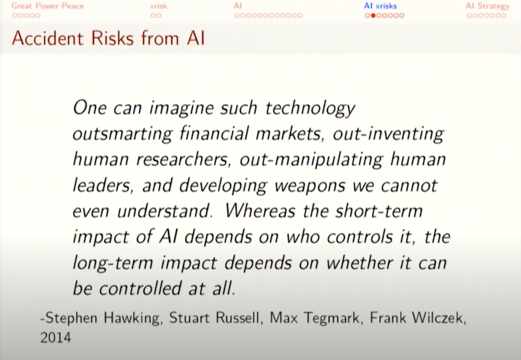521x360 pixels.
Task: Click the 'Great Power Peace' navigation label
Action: point(48,6)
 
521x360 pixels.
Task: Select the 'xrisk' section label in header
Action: point(159,6)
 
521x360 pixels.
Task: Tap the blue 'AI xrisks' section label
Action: point(380,6)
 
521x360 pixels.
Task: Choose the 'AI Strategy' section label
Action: point(488,6)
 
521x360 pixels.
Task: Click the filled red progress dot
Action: point(374,15)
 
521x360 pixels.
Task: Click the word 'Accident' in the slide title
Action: point(48,38)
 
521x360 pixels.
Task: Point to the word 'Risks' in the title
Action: point(113,38)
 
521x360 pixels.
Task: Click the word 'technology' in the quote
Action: point(310,109)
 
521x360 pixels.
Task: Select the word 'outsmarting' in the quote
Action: point(123,134)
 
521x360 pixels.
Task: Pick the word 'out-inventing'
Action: point(389,134)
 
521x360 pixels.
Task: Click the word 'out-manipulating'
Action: point(311,160)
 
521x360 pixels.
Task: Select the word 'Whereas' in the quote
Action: point(260,211)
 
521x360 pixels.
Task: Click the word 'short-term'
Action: point(379,211)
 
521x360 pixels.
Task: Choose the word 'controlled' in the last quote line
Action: point(140,288)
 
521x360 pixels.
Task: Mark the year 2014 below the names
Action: point(56,337)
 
